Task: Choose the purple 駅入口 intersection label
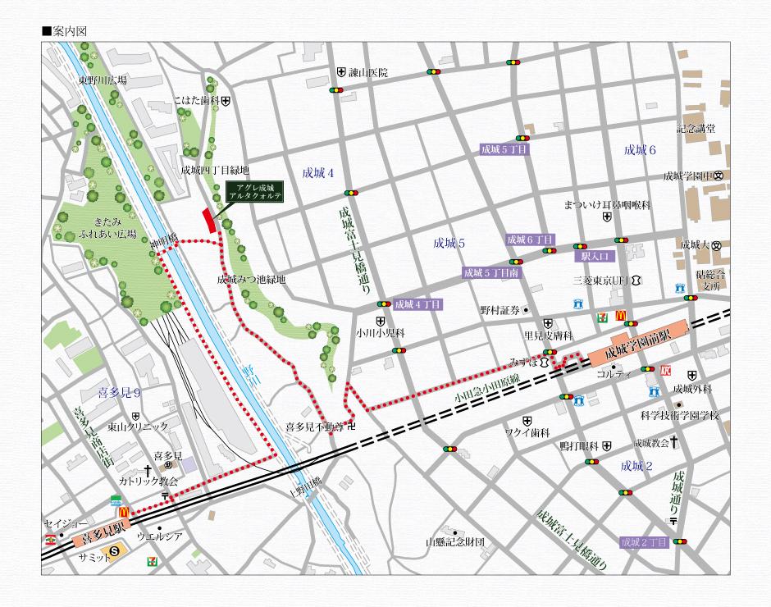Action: click(592, 256)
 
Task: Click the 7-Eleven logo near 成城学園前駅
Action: click(602, 313)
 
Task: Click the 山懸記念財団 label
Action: click(455, 542)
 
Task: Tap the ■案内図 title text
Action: click(64, 31)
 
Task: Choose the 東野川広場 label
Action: click(102, 80)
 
